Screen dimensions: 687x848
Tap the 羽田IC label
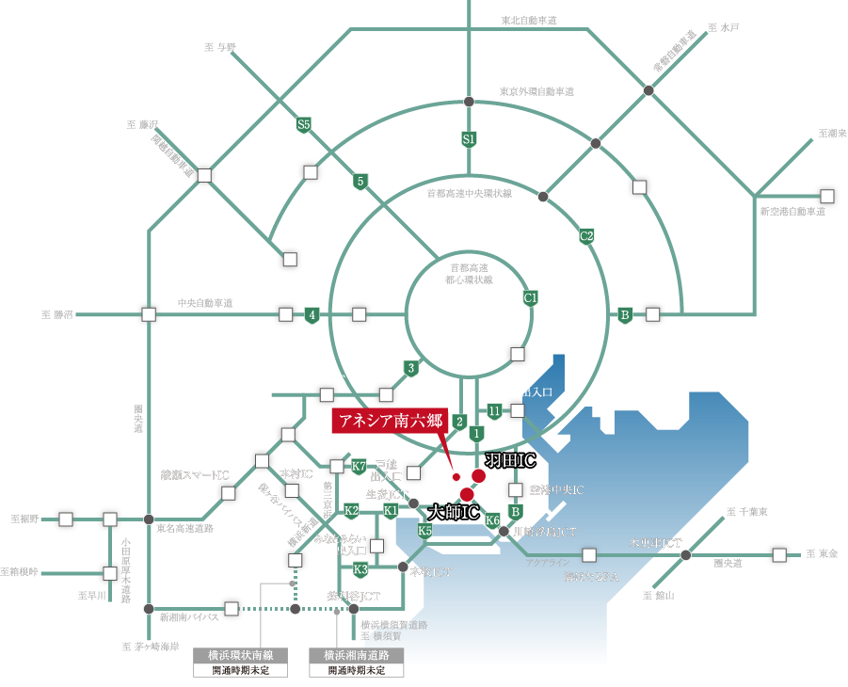coord(509,460)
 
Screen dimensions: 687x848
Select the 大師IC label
coord(453,513)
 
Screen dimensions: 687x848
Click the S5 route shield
coord(303,124)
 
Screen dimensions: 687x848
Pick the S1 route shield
coord(469,139)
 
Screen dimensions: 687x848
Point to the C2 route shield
coord(586,235)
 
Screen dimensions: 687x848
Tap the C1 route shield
coord(530,298)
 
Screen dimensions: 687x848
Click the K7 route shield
coord(359,466)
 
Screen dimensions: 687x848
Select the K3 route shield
coord(360,569)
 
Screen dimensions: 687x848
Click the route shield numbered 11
coord(495,410)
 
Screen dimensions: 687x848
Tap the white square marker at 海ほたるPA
coord(590,554)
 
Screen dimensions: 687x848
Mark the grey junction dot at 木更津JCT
coord(685,555)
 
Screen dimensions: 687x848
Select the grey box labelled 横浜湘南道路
coord(357,655)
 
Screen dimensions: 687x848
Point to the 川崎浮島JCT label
coord(545,533)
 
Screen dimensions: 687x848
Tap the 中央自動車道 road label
coord(205,304)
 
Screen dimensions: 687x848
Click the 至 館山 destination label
coord(659,596)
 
